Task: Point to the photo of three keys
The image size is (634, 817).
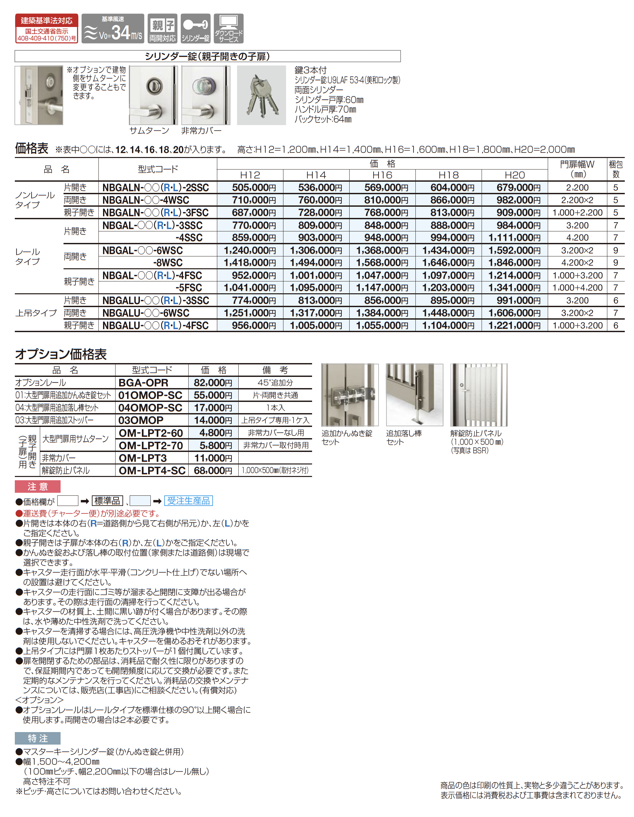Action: (x=261, y=95)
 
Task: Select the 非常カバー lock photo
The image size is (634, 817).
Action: (x=205, y=95)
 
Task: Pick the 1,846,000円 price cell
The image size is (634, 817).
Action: (x=514, y=263)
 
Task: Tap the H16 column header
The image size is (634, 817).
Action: (x=382, y=175)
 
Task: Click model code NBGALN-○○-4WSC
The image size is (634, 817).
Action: (x=146, y=200)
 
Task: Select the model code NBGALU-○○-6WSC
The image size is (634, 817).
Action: (x=146, y=313)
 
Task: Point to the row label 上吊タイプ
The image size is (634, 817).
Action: (x=36, y=313)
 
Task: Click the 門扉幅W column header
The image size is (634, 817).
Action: (x=577, y=169)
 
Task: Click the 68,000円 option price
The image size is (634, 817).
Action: (x=213, y=470)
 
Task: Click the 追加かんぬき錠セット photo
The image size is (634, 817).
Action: (x=349, y=395)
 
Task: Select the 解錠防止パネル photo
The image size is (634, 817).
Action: (x=478, y=395)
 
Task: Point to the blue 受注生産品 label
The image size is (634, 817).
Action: (x=188, y=501)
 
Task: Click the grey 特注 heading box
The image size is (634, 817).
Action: (x=38, y=738)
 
